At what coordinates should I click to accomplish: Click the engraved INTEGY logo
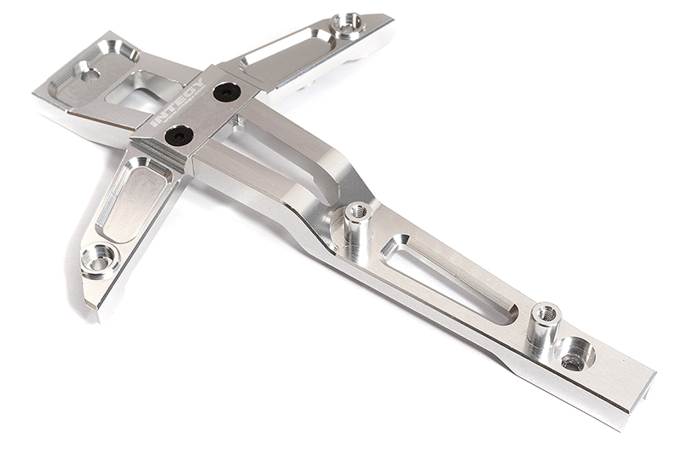coord(177,104)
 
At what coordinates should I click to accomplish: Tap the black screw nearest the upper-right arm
coord(226,91)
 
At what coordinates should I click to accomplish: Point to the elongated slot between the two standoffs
coord(450,278)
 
